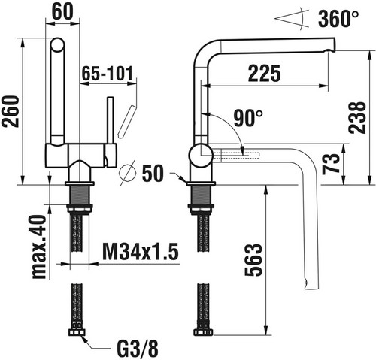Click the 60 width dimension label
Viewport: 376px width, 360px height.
pos(62,11)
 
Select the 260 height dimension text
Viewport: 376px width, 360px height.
pos(11,111)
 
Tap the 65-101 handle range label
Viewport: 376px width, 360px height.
pos(108,74)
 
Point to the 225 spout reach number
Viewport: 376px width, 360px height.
pos(265,73)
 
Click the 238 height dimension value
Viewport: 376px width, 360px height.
pos(358,117)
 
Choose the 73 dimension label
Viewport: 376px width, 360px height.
pos(331,164)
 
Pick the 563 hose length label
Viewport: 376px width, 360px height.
pos(253,259)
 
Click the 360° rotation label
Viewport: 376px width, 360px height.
pos(338,19)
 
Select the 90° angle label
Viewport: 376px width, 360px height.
pos(248,118)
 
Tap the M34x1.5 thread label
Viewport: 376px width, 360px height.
pos(141,251)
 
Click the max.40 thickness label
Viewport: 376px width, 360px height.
pos(39,247)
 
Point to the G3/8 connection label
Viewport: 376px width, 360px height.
pos(138,348)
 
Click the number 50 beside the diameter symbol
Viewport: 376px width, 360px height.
pos(153,173)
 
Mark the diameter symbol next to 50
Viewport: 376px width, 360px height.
pos(128,173)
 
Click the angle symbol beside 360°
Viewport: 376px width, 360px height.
pos(292,19)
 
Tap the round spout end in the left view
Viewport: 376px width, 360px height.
pos(57,45)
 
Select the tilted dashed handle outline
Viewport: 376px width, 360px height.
pos(127,122)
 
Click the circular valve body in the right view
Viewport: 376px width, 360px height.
pos(202,156)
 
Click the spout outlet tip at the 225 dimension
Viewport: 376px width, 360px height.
pos(330,50)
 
